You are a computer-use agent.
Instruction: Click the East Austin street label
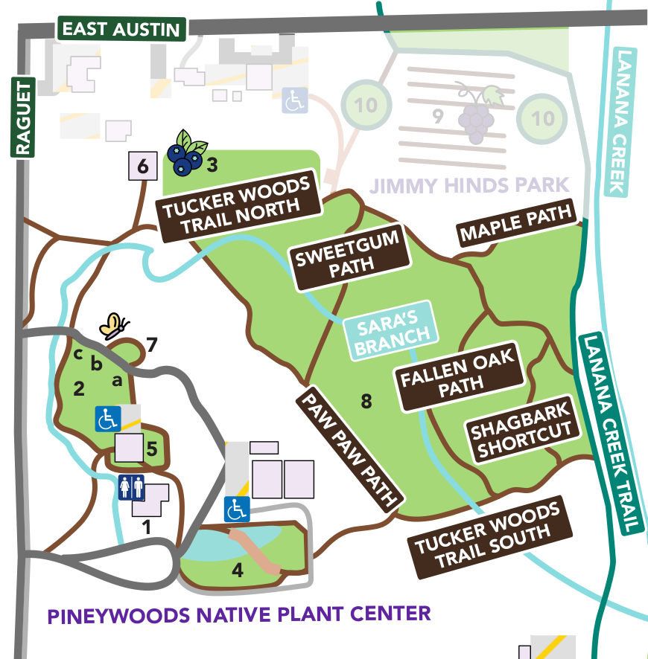pos(121,29)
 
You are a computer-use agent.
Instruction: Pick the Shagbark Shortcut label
pos(522,429)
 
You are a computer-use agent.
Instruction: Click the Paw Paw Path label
pos(349,448)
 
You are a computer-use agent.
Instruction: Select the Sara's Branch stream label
pos(387,330)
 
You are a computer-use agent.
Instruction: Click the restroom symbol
pos(132,488)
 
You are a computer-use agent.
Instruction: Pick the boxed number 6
pos(142,167)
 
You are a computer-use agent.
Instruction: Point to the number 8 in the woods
pos(366,402)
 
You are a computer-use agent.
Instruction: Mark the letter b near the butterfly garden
pos(95,364)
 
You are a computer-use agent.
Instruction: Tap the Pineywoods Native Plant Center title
pos(239,615)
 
